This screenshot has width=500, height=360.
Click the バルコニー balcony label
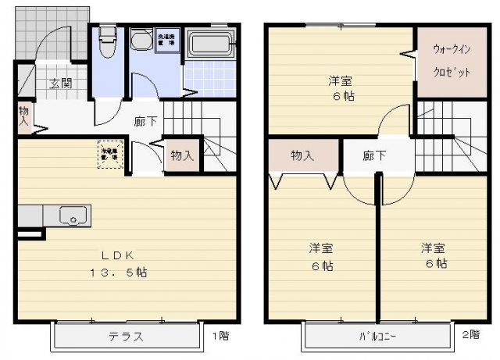click(x=378, y=337)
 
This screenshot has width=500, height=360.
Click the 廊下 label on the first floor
click(x=145, y=122)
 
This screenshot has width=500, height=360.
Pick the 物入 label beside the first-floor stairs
click(x=182, y=155)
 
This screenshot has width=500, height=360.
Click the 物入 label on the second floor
click(x=302, y=155)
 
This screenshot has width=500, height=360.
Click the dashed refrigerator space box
click(x=108, y=152)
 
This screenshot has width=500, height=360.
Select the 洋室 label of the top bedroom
click(x=339, y=80)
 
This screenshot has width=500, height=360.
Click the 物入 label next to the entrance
click(x=24, y=116)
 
